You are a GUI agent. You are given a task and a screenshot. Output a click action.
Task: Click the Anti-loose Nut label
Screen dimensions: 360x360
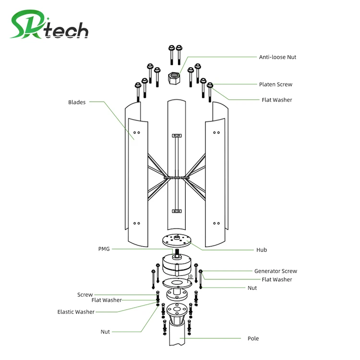(277, 57)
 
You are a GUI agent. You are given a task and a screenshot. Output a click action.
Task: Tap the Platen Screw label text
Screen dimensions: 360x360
(276, 84)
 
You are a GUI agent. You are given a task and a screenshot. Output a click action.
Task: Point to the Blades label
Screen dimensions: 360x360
(77, 102)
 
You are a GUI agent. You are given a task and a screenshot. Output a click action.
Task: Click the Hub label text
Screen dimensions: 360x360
(262, 250)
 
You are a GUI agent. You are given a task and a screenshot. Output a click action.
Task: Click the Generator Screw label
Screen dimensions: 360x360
(276, 271)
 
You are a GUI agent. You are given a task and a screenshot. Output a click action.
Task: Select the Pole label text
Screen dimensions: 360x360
(253, 338)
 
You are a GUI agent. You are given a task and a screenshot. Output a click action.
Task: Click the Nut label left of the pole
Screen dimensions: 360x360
(105, 332)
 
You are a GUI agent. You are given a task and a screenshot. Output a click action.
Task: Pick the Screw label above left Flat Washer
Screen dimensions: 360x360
(85, 295)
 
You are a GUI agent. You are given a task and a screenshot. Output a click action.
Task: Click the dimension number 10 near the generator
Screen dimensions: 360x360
(191, 276)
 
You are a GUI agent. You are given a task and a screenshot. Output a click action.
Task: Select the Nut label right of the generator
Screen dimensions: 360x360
(252, 288)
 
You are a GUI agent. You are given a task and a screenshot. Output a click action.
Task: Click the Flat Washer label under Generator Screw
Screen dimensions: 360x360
(276, 279)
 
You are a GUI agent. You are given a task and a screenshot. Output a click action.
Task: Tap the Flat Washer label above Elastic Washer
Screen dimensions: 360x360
(107, 300)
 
